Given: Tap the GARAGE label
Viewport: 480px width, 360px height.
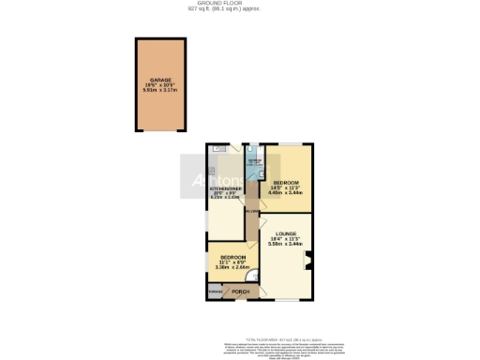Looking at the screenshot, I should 166,81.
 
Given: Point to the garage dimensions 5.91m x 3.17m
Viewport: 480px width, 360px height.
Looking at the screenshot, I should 166,91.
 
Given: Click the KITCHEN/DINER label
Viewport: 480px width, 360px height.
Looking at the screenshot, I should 226,188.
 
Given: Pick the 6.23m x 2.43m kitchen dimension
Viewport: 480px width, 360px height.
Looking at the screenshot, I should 226,198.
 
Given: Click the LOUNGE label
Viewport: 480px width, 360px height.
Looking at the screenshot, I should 286,233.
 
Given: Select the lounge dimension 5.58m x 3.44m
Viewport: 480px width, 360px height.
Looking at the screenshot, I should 286,244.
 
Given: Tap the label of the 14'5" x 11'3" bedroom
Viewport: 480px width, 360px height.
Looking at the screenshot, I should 285,182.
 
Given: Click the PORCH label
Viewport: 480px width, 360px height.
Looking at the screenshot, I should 241,292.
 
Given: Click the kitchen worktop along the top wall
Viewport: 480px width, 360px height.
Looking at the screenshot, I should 226,148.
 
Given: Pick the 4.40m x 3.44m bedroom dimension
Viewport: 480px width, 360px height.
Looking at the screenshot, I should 285,192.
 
